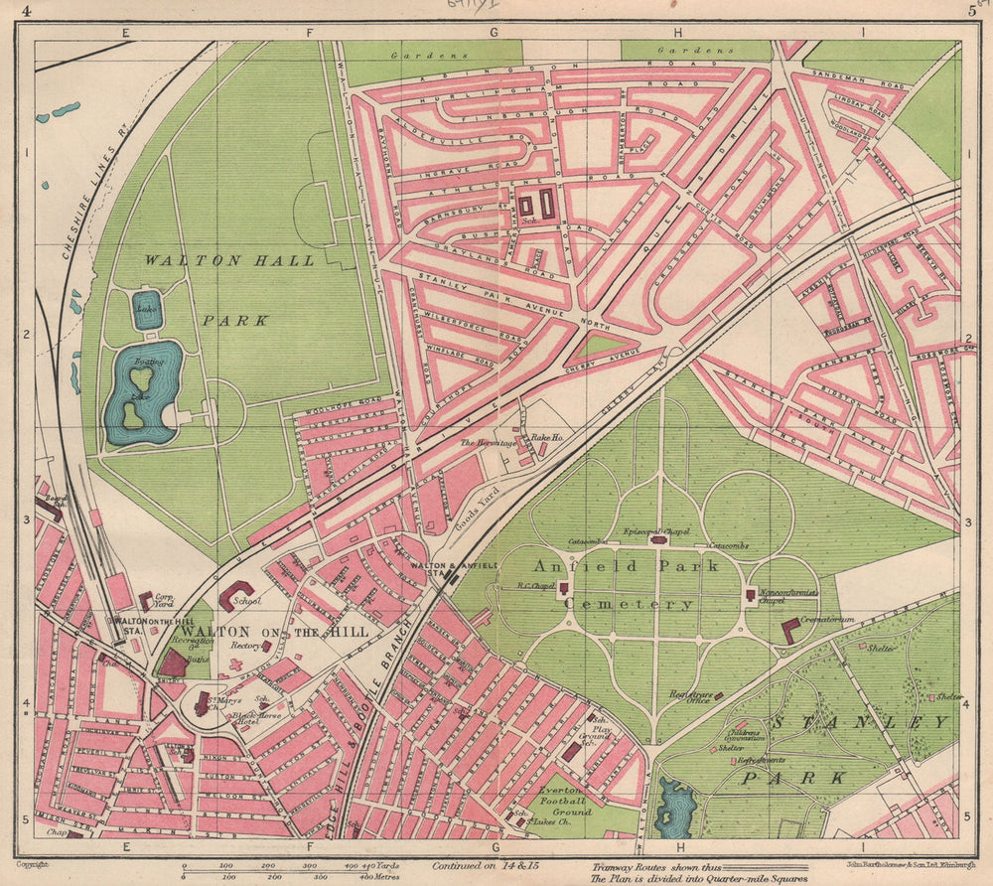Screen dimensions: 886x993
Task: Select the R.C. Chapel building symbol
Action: click(x=563, y=588)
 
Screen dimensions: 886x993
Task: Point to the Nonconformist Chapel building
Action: click(x=750, y=594)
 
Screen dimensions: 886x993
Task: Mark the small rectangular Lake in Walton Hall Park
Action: click(x=146, y=309)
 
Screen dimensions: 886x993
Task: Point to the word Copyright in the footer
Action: click(x=33, y=865)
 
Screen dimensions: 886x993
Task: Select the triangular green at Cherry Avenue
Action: click(x=599, y=345)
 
